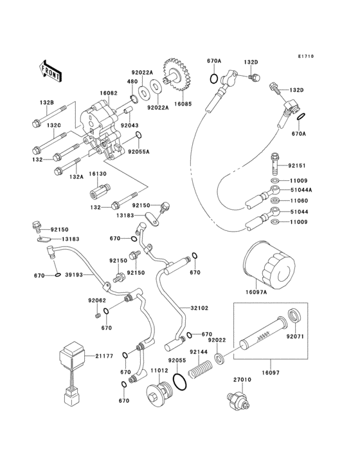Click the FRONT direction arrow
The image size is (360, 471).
(51, 71)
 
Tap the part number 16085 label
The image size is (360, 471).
(183, 103)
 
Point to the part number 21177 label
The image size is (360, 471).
(104, 356)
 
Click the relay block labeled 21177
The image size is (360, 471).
(72, 356)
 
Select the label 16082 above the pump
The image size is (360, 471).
(108, 93)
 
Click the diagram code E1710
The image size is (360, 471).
(305, 56)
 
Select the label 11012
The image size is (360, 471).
(159, 371)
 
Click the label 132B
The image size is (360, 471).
(47, 103)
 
